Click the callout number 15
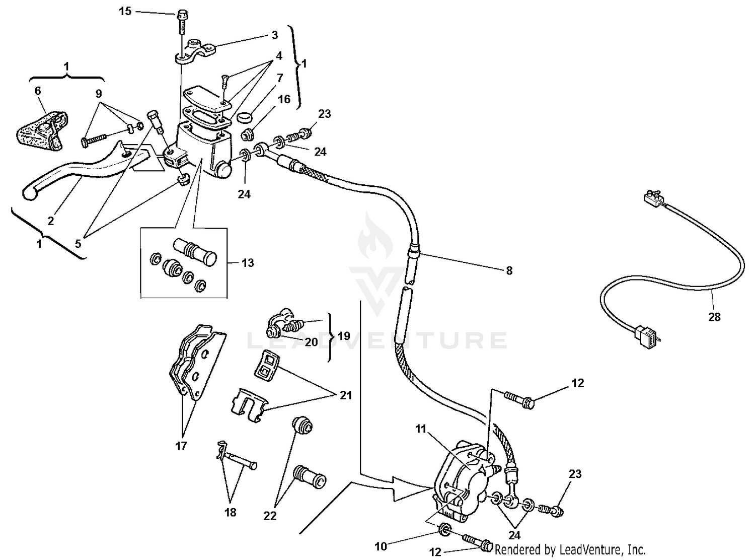tap(125, 11)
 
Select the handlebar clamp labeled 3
tap(196, 51)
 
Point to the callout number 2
tap(50, 221)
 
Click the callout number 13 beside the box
tap(248, 263)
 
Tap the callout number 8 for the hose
tap(509, 270)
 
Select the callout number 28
tap(714, 317)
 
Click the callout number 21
tap(345, 395)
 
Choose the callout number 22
tap(270, 516)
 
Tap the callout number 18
tap(230, 512)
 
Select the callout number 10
tap(381, 545)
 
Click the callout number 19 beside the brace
tap(344, 336)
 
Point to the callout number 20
tap(312, 342)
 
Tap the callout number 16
tap(284, 99)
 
